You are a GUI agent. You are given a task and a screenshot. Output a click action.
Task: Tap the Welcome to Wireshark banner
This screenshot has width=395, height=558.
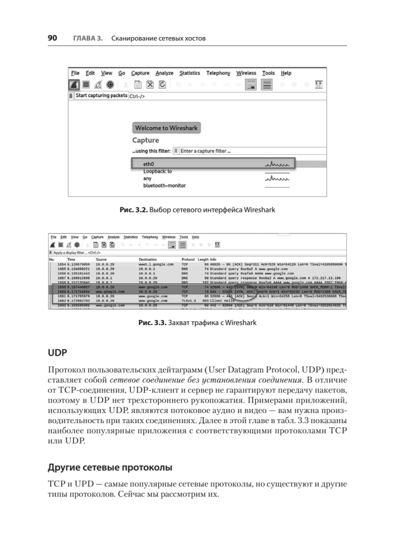point(166,128)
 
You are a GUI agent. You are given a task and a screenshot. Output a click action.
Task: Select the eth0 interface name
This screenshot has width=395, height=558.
point(149,164)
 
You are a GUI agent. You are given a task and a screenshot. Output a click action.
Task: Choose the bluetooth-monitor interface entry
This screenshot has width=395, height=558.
point(164,185)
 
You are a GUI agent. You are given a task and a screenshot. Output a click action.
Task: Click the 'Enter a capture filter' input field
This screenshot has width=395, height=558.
point(205,151)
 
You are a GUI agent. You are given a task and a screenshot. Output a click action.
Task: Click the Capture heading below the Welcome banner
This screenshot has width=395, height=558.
point(145,140)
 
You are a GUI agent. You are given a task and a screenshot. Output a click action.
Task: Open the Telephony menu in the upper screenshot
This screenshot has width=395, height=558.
point(218,73)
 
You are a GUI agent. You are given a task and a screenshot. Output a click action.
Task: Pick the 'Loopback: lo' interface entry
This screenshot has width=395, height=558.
point(157,171)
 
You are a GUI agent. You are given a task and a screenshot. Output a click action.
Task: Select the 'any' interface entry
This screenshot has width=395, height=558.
point(147,178)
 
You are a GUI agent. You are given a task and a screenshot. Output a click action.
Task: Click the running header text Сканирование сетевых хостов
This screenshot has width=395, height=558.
point(159,38)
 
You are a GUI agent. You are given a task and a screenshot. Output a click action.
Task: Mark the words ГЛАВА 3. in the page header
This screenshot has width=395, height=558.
point(88,38)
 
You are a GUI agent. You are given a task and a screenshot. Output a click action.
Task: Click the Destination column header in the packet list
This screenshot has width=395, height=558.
point(147,259)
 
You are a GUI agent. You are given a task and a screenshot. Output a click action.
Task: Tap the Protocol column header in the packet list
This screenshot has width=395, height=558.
point(188,259)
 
